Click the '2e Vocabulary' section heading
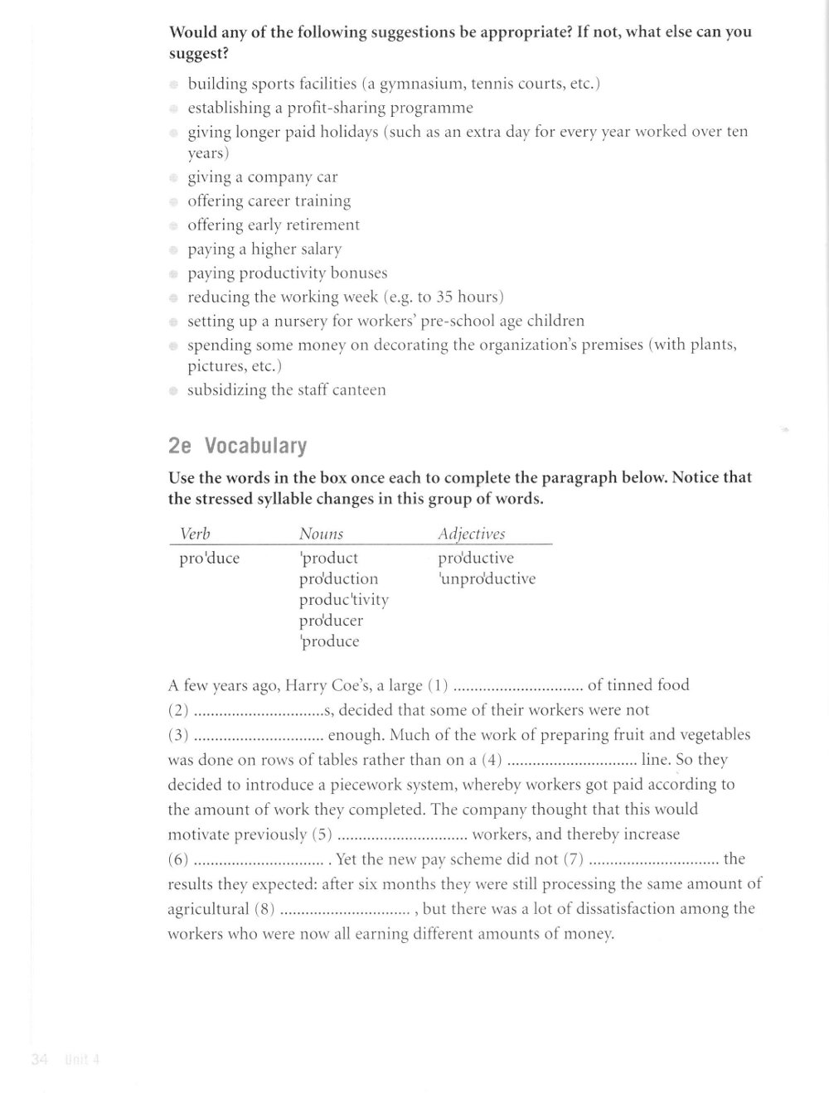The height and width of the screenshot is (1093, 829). click(x=237, y=446)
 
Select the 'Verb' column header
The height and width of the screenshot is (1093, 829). click(x=195, y=534)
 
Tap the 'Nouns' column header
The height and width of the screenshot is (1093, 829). click(x=321, y=534)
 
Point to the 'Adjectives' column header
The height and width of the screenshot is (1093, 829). click(x=471, y=534)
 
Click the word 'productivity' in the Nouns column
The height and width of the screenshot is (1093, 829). click(x=343, y=599)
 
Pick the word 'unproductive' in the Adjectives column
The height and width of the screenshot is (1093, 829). click(x=487, y=578)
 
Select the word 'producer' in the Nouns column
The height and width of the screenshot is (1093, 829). click(x=331, y=620)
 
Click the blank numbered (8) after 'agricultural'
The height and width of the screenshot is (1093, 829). click(x=345, y=910)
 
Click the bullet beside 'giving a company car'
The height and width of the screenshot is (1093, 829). click(x=174, y=177)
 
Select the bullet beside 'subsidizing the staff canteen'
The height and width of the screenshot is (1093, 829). click(x=174, y=390)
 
